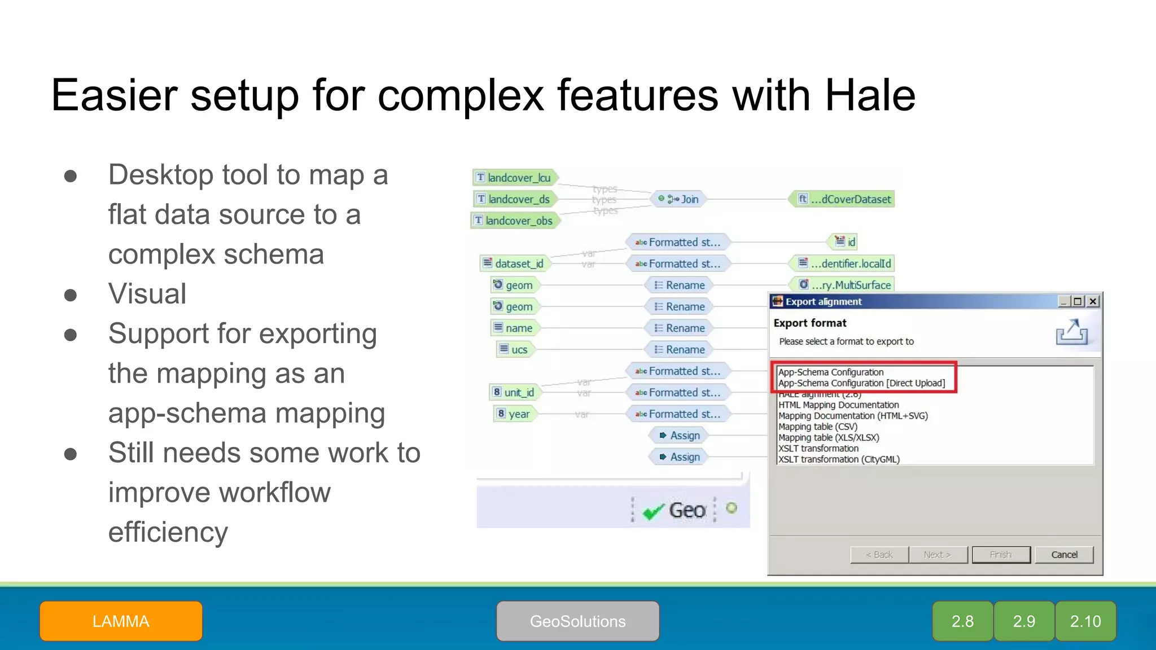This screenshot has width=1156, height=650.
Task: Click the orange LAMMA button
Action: (x=121, y=621)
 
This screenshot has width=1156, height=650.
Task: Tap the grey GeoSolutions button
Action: (x=577, y=621)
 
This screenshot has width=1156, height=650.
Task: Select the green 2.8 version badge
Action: (x=962, y=621)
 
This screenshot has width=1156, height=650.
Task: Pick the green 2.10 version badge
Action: (x=1085, y=621)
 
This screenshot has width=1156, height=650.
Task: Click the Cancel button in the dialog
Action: (x=1064, y=555)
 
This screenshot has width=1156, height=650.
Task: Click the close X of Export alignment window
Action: (x=1093, y=301)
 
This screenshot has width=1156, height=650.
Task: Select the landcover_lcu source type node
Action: (x=515, y=178)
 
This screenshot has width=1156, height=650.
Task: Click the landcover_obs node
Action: (x=515, y=221)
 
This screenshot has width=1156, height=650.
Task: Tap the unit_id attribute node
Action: (x=514, y=392)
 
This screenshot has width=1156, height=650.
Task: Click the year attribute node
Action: (x=514, y=414)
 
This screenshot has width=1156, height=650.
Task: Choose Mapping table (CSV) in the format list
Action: (x=817, y=427)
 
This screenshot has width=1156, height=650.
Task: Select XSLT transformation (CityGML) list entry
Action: (x=839, y=459)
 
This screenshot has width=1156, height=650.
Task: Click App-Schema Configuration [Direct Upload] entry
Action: (x=861, y=383)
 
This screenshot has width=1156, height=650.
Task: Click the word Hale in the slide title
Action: (x=870, y=95)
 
